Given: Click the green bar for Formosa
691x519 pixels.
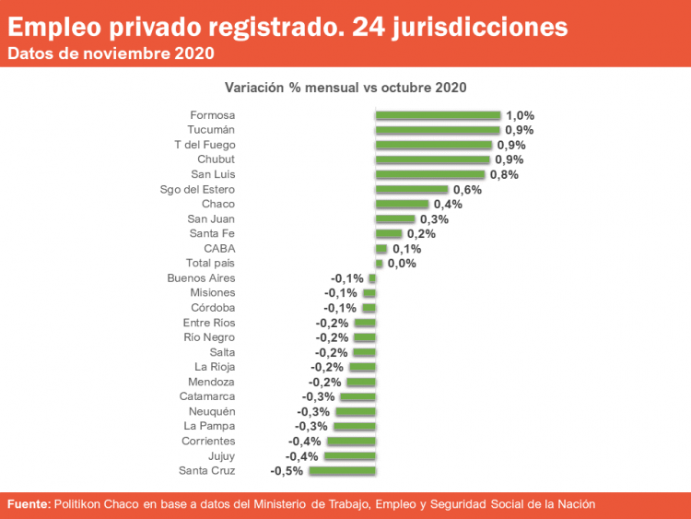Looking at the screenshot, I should pyautogui.click(x=438, y=115).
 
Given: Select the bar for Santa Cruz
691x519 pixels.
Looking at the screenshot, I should pyautogui.click(x=342, y=471).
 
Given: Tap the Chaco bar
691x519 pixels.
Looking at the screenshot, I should pyautogui.click(x=402, y=204).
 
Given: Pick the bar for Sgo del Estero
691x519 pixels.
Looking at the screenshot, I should pyautogui.click(x=411, y=189).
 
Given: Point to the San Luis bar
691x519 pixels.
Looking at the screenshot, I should pyautogui.click(x=429, y=174).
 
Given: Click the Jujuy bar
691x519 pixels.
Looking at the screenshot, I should pyautogui.click(x=350, y=456).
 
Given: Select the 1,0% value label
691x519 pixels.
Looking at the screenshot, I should pyautogui.click(x=520, y=115).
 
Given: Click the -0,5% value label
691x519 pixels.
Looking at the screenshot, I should pyautogui.click(x=286, y=471).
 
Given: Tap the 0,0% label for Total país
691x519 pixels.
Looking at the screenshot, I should pyautogui.click(x=402, y=263).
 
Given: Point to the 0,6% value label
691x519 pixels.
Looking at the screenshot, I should pyautogui.click(x=467, y=189).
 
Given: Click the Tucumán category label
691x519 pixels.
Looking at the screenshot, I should pyautogui.click(x=211, y=130).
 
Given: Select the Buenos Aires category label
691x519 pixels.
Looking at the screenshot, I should pyautogui.click(x=201, y=277).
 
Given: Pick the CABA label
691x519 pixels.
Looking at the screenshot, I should pyautogui.click(x=219, y=248).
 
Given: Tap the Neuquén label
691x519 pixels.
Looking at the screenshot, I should pyautogui.click(x=211, y=411).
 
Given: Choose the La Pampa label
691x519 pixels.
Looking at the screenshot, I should pyautogui.click(x=209, y=426).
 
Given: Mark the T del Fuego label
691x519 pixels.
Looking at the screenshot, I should pyautogui.click(x=205, y=145).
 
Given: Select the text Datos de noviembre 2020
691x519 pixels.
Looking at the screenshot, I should pyautogui.click(x=111, y=53).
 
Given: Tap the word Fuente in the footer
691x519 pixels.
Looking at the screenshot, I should pyautogui.click(x=29, y=504).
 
